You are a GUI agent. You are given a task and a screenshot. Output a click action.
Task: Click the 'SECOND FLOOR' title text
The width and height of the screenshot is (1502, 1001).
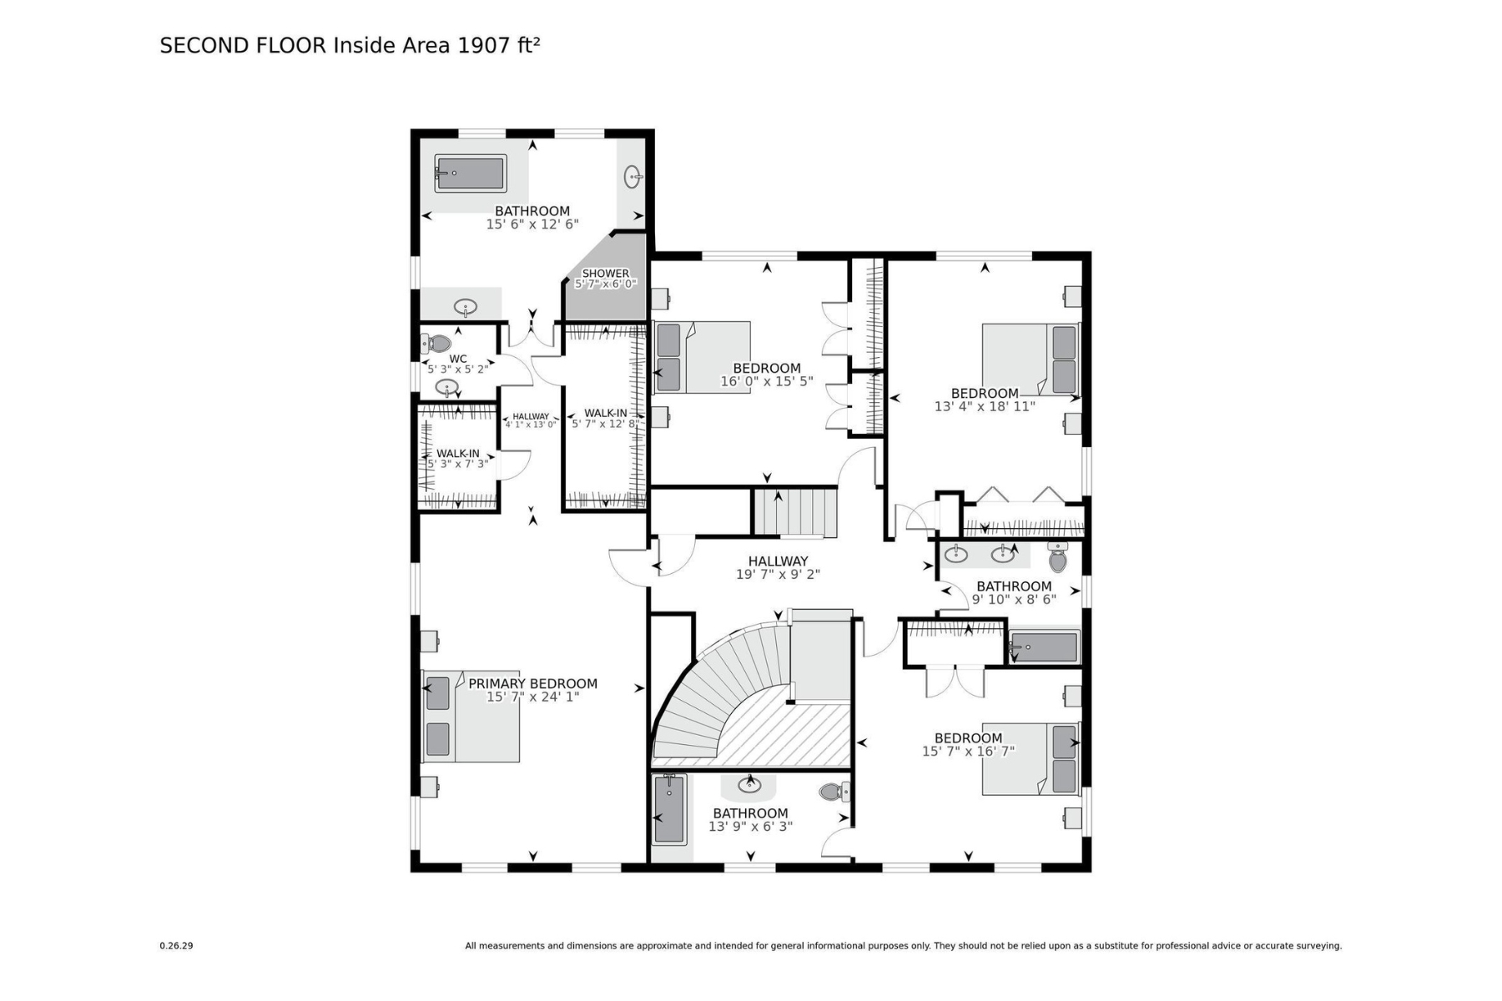pos(243,45)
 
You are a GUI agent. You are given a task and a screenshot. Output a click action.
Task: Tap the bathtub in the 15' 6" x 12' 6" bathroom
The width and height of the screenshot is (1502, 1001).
pos(471,174)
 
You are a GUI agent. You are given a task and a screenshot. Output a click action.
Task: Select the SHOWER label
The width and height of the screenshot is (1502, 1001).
pos(606,273)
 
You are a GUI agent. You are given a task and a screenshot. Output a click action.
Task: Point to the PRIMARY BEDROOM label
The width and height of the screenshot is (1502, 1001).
pos(532,684)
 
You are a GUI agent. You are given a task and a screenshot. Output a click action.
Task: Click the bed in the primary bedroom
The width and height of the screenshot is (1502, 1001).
pos(471,716)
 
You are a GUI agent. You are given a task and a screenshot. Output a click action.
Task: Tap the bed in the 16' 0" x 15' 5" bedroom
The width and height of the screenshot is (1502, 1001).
pos(702,357)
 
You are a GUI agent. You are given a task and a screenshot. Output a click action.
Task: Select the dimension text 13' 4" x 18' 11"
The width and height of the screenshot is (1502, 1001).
pos(985,407)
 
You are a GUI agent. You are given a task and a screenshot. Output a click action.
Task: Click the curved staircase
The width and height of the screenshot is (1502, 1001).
pos(723,692)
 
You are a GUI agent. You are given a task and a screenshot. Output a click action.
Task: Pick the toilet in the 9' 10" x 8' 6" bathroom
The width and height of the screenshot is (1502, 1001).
pos(1058,557)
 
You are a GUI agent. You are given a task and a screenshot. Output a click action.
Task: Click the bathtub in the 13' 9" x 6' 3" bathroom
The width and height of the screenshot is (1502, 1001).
pos(669,809)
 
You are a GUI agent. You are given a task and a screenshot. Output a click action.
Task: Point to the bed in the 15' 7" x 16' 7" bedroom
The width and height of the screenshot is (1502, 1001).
pos(1031,758)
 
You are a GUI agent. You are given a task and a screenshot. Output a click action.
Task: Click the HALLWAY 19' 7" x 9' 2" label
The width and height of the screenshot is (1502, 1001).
pos(778,568)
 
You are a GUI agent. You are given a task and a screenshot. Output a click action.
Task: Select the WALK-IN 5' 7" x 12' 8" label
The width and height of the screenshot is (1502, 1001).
pos(606,419)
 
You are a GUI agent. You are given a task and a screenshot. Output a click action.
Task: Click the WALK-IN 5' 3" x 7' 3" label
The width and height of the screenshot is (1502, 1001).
pos(458,459)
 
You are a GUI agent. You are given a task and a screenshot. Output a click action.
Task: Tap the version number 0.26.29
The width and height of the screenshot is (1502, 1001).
pos(176,946)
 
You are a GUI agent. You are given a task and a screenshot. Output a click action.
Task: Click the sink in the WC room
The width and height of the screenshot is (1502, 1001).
pos(447,388)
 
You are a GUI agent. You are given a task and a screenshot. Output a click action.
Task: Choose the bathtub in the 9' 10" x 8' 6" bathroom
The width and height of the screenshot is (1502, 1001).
pos(1043,647)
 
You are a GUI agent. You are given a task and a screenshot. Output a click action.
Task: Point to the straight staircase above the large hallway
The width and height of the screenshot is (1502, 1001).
pos(795,513)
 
